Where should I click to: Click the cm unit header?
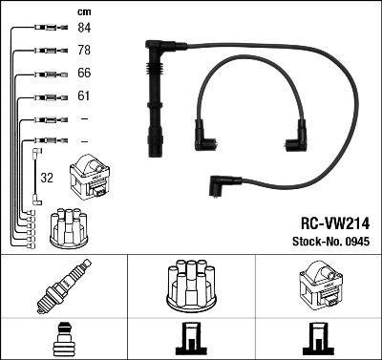coord(83,11)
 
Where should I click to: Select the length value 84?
coord(84,29)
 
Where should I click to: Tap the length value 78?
coord(84,50)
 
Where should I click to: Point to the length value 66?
coord(84,74)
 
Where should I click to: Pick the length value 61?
coord(84,96)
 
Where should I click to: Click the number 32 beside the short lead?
coord(46,177)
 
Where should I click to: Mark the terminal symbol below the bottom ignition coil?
coord(318,339)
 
